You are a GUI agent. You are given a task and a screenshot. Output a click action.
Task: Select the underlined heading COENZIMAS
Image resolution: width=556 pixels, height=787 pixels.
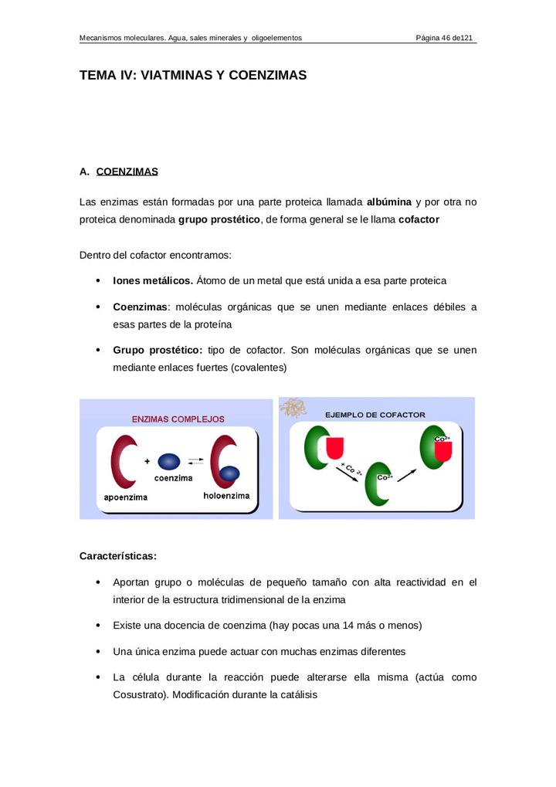click(127, 171)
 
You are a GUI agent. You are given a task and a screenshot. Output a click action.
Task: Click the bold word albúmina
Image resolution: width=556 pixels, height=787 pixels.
click(389, 202)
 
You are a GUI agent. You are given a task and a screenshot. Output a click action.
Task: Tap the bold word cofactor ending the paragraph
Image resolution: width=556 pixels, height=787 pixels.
click(419, 219)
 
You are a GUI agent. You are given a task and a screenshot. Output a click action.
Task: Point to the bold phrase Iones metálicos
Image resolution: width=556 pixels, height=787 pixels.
click(153, 281)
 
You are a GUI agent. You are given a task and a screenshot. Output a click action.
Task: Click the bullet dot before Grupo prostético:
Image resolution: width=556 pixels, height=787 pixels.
click(97, 351)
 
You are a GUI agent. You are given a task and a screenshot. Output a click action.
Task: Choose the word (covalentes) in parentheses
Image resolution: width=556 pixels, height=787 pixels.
click(259, 368)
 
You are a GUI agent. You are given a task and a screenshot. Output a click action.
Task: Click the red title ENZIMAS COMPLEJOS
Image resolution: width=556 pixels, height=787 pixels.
click(178, 419)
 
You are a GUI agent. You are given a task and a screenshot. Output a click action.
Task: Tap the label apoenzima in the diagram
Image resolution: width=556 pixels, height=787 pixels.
click(126, 497)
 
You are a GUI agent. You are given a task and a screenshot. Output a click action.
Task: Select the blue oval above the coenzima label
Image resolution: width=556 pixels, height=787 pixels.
click(169, 462)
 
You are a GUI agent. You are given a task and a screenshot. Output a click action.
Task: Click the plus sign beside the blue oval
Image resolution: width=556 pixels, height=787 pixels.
click(147, 462)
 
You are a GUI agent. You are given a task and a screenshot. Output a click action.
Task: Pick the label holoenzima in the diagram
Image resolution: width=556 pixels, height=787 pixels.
click(226, 496)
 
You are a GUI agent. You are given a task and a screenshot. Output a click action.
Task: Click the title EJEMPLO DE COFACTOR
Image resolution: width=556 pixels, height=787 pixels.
click(375, 415)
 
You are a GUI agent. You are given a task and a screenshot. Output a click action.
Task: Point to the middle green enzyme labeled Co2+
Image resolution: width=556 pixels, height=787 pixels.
click(378, 483)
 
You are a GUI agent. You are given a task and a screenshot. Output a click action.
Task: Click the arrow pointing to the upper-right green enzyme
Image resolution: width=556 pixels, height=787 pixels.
click(407, 470)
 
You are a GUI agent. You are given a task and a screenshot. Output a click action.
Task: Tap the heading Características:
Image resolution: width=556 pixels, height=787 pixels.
click(118, 556)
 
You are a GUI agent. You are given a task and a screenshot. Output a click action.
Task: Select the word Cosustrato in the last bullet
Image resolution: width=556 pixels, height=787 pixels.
click(139, 694)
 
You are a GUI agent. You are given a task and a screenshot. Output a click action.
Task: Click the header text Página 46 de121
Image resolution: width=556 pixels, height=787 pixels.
click(444, 38)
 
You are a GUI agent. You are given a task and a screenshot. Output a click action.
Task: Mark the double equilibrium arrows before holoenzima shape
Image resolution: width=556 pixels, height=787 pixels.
click(196, 461)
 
